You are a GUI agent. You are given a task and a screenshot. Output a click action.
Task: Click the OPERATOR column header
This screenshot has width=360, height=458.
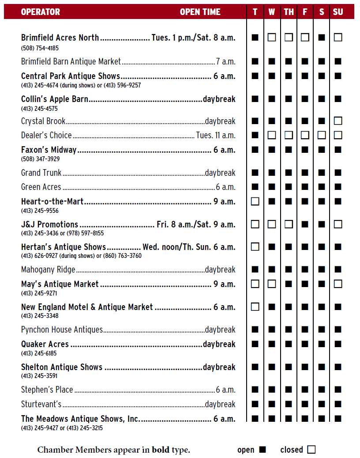[40, 12]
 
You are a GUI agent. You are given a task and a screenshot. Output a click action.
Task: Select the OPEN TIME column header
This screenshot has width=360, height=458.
[200, 12]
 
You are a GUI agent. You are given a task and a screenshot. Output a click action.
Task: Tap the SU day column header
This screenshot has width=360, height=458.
[338, 12]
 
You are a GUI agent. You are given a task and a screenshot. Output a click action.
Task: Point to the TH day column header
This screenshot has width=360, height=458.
[289, 12]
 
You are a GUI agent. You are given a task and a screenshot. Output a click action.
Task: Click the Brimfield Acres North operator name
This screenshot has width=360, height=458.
[60, 38]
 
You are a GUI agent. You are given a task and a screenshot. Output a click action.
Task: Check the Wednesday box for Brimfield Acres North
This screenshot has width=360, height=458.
[272, 38]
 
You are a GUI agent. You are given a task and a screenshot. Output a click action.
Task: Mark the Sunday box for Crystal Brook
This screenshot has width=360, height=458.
[338, 121]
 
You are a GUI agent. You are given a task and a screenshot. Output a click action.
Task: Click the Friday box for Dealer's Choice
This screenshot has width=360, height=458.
[305, 135]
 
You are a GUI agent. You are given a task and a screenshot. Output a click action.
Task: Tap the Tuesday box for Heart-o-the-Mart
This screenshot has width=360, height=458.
[255, 201]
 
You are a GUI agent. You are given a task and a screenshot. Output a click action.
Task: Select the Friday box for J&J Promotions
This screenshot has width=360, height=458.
[305, 224]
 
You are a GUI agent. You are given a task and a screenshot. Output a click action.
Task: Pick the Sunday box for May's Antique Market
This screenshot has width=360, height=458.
[338, 284]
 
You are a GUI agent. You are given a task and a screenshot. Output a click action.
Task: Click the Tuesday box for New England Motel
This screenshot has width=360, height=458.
[255, 307]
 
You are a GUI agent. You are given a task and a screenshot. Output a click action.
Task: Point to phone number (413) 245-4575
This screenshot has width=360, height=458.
[39, 108]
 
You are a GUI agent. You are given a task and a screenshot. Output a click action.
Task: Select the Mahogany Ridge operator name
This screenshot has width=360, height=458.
[48, 269]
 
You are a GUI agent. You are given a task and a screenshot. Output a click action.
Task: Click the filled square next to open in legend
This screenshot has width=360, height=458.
[262, 450]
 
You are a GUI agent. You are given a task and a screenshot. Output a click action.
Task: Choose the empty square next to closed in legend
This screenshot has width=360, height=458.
[311, 450]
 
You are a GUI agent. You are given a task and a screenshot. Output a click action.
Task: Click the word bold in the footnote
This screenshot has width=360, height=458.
[160, 450]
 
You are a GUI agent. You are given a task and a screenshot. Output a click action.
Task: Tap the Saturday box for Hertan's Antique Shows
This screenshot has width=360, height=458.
[322, 247]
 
